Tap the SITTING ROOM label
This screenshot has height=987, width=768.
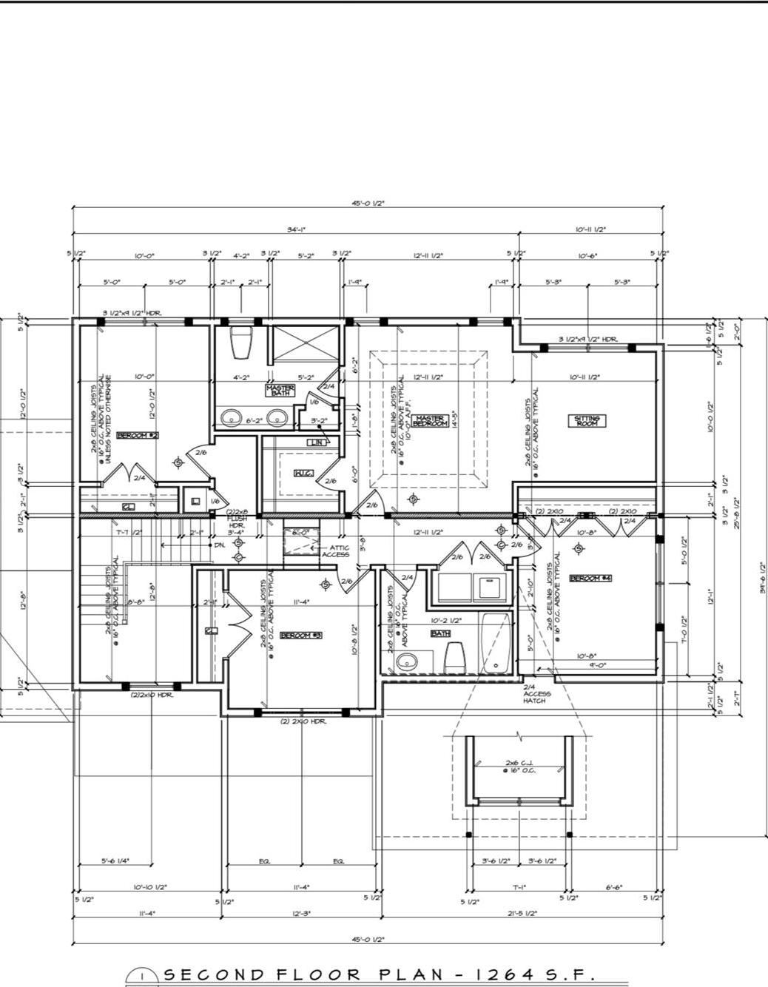[587, 421]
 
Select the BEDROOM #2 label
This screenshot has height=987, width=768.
[138, 436]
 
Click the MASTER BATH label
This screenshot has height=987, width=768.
[280, 389]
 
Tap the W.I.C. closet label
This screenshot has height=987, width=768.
[302, 473]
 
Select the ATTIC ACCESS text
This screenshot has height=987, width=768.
[335, 551]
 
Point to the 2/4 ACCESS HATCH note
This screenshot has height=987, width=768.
[533, 693]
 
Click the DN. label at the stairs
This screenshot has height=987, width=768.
[220, 545]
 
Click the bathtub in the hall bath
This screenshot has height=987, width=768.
[494, 643]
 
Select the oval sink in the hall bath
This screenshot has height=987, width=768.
[406, 662]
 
